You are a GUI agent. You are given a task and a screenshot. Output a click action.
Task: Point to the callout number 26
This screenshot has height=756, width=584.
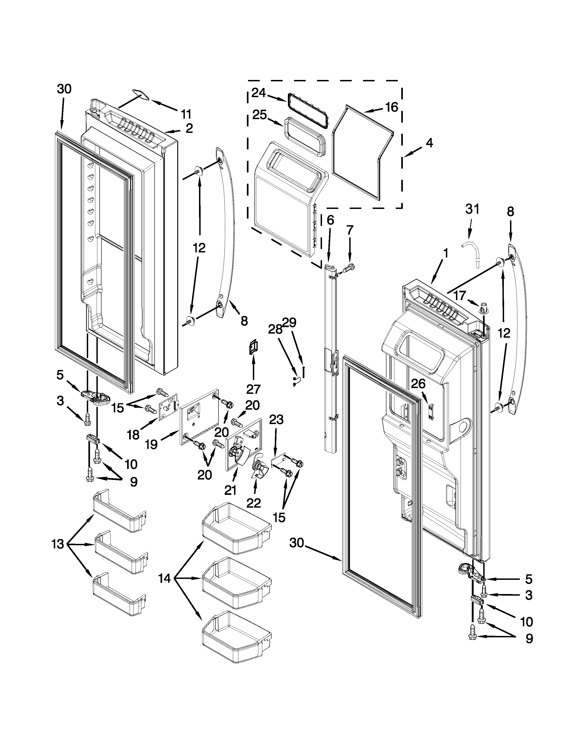tap(418, 383)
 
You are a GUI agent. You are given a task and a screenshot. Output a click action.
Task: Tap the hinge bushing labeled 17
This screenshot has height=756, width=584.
tap(484, 307)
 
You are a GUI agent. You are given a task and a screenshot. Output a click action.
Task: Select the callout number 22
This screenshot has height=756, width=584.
tap(253, 503)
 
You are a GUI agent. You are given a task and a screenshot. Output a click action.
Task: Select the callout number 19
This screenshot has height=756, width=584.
tap(151, 444)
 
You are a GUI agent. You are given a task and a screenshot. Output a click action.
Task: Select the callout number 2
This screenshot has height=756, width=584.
tap(189, 129)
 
